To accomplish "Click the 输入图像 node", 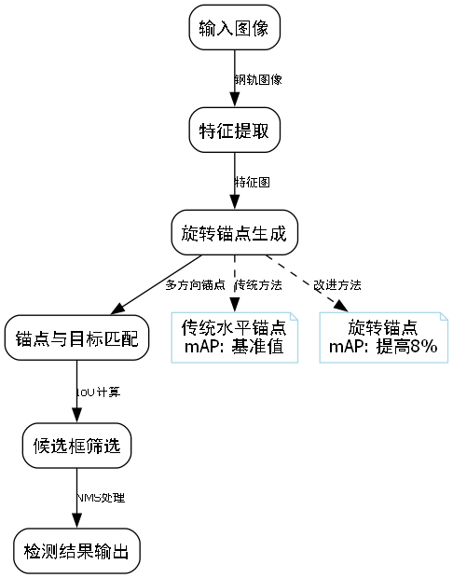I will (234, 28).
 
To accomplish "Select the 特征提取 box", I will (234, 131).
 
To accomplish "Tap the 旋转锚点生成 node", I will (234, 233).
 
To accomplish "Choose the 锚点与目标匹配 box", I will (76, 337).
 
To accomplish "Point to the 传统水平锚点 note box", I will (234, 337).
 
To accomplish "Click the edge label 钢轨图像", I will (258, 79).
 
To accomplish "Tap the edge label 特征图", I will (252, 182).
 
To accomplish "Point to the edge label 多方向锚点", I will (195, 283).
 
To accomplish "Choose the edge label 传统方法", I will (258, 283).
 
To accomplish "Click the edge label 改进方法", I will (337, 283).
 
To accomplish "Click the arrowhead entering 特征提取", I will (234, 103).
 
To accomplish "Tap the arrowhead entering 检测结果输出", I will (76, 523).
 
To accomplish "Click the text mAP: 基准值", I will (234, 348).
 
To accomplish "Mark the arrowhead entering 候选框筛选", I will (76, 417).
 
